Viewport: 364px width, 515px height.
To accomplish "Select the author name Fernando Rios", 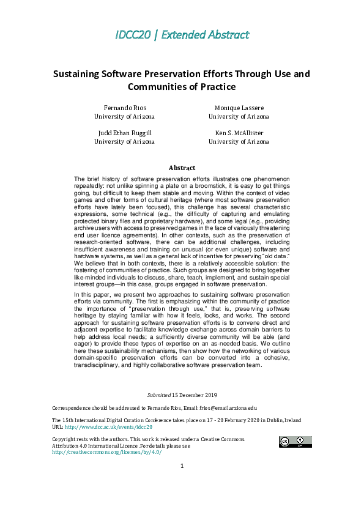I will (x=124, y=107).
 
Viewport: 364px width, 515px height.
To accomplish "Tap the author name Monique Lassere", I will (x=239, y=107).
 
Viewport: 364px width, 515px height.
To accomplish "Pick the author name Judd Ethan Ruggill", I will (x=124, y=132).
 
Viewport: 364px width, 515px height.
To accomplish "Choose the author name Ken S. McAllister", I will (x=239, y=132).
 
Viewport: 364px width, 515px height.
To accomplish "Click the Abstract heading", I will (x=182, y=168).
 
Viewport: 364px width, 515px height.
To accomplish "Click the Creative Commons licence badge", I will (x=295, y=442).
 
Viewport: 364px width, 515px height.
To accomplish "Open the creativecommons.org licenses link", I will (x=106, y=452).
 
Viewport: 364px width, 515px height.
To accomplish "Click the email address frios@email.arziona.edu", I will (x=225, y=407).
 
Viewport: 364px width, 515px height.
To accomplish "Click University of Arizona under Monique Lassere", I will (x=239, y=116).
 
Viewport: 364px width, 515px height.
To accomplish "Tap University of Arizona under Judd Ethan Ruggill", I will (x=124, y=141).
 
